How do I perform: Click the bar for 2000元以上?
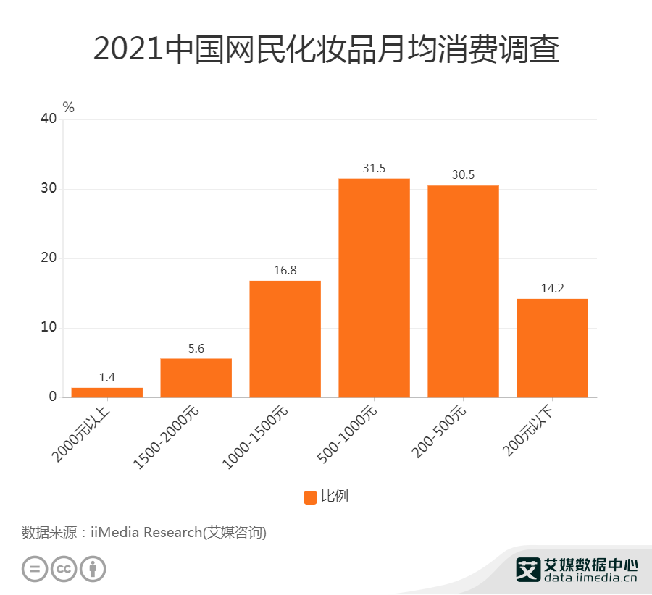tap(106, 392)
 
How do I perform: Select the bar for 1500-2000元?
tap(196, 378)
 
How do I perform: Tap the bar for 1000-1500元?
tap(285, 339)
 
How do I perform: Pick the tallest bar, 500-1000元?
tap(374, 287)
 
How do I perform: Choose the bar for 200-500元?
tap(463, 291)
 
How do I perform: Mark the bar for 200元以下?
tap(552, 347)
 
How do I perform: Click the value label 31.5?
tap(374, 169)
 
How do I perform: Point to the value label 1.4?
tap(106, 377)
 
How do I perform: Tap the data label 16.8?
tap(285, 271)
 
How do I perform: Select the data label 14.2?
tap(552, 289)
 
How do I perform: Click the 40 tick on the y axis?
tap(48, 119)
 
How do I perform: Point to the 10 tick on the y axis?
tap(48, 328)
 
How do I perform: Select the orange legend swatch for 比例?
tap(310, 497)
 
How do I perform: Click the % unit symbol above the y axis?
tap(68, 107)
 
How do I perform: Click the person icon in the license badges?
tap(93, 568)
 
